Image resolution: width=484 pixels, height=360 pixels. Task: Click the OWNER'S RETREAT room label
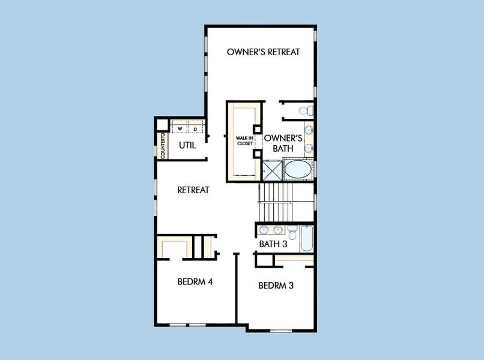click(x=263, y=52)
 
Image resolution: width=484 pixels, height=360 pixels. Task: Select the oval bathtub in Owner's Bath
click(x=298, y=169)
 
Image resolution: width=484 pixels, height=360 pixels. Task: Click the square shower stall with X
click(x=271, y=170)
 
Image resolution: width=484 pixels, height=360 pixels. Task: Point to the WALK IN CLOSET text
click(x=245, y=142)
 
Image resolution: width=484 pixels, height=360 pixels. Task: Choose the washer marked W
click(x=180, y=128)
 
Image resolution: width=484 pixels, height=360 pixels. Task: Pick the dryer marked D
click(x=195, y=128)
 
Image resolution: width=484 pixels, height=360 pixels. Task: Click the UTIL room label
click(x=187, y=145)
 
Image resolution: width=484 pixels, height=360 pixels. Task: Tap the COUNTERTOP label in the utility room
click(x=163, y=146)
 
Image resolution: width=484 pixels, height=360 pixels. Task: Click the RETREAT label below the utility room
click(x=193, y=190)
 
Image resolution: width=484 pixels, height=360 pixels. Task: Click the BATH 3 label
click(x=273, y=244)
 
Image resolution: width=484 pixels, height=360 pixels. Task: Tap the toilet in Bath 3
click(x=292, y=232)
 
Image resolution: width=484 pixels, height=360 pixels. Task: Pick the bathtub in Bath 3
click(x=307, y=238)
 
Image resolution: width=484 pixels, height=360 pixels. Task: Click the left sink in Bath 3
click(x=265, y=230)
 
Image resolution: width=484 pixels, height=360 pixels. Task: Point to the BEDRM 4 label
click(x=195, y=281)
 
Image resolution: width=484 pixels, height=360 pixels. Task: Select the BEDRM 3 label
click(x=276, y=286)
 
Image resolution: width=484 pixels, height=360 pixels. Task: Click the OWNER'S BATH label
click(x=283, y=142)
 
